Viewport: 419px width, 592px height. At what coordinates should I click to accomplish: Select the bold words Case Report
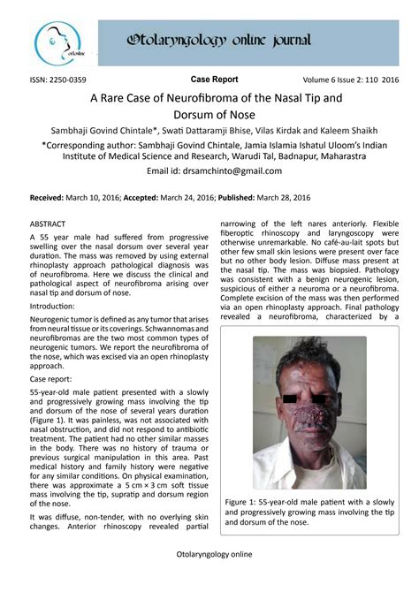coord(214,79)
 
